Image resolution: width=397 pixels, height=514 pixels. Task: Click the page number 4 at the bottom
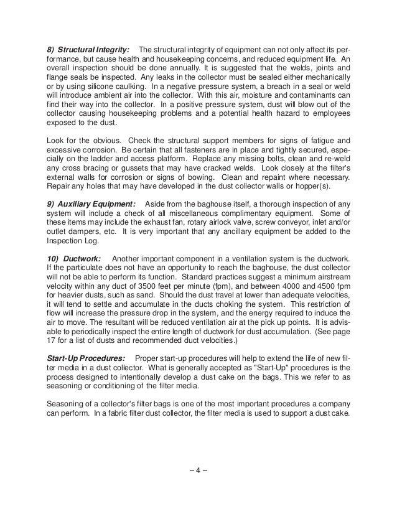tap(198, 469)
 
